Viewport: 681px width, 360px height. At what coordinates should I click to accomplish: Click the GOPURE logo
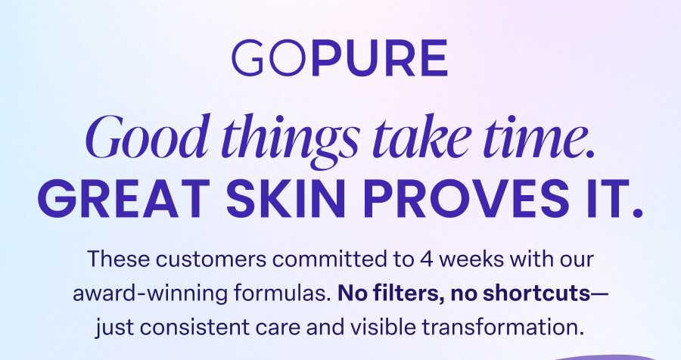pos(340,58)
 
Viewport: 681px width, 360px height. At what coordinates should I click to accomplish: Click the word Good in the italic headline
pos(146,136)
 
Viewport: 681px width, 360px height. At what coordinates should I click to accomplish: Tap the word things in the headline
pos(291,140)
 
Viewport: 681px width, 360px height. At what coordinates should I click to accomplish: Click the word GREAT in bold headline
pos(125,198)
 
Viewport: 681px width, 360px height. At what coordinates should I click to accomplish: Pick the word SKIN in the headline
pos(286,198)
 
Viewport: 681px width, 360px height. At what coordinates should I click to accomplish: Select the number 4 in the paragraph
pos(427,259)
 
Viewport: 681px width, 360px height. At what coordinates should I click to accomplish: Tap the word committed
pos(330,259)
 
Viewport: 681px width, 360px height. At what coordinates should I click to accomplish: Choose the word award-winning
pos(150,293)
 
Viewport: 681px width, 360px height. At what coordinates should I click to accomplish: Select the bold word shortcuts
pos(536,293)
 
